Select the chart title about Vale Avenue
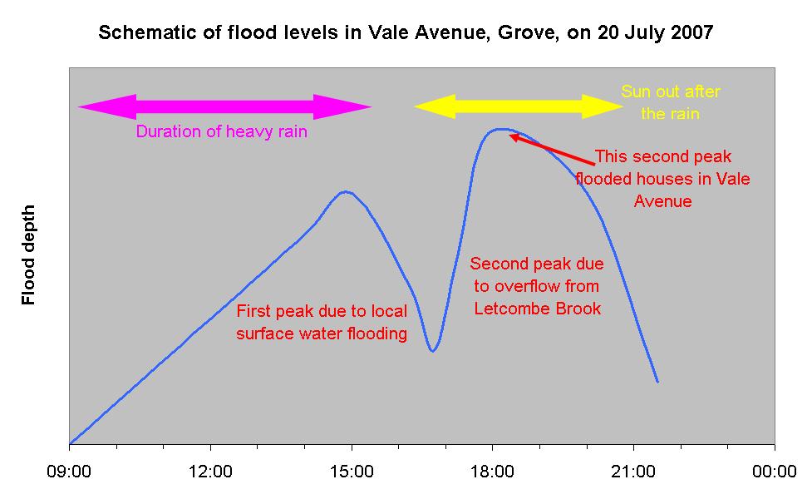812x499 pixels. pos(406,34)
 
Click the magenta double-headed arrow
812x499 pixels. pos(224,106)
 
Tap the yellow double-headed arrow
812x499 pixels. pos(519,106)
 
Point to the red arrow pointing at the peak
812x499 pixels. pos(552,149)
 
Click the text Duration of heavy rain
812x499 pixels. pos(222,132)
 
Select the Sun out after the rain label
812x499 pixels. pos(671,102)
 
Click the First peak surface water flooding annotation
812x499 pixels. pos(322,323)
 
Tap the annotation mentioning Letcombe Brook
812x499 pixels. pos(537,287)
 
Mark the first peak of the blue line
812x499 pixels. pos(345,192)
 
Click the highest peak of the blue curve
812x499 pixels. pos(500,129)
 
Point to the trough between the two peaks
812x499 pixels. pos(432,350)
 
